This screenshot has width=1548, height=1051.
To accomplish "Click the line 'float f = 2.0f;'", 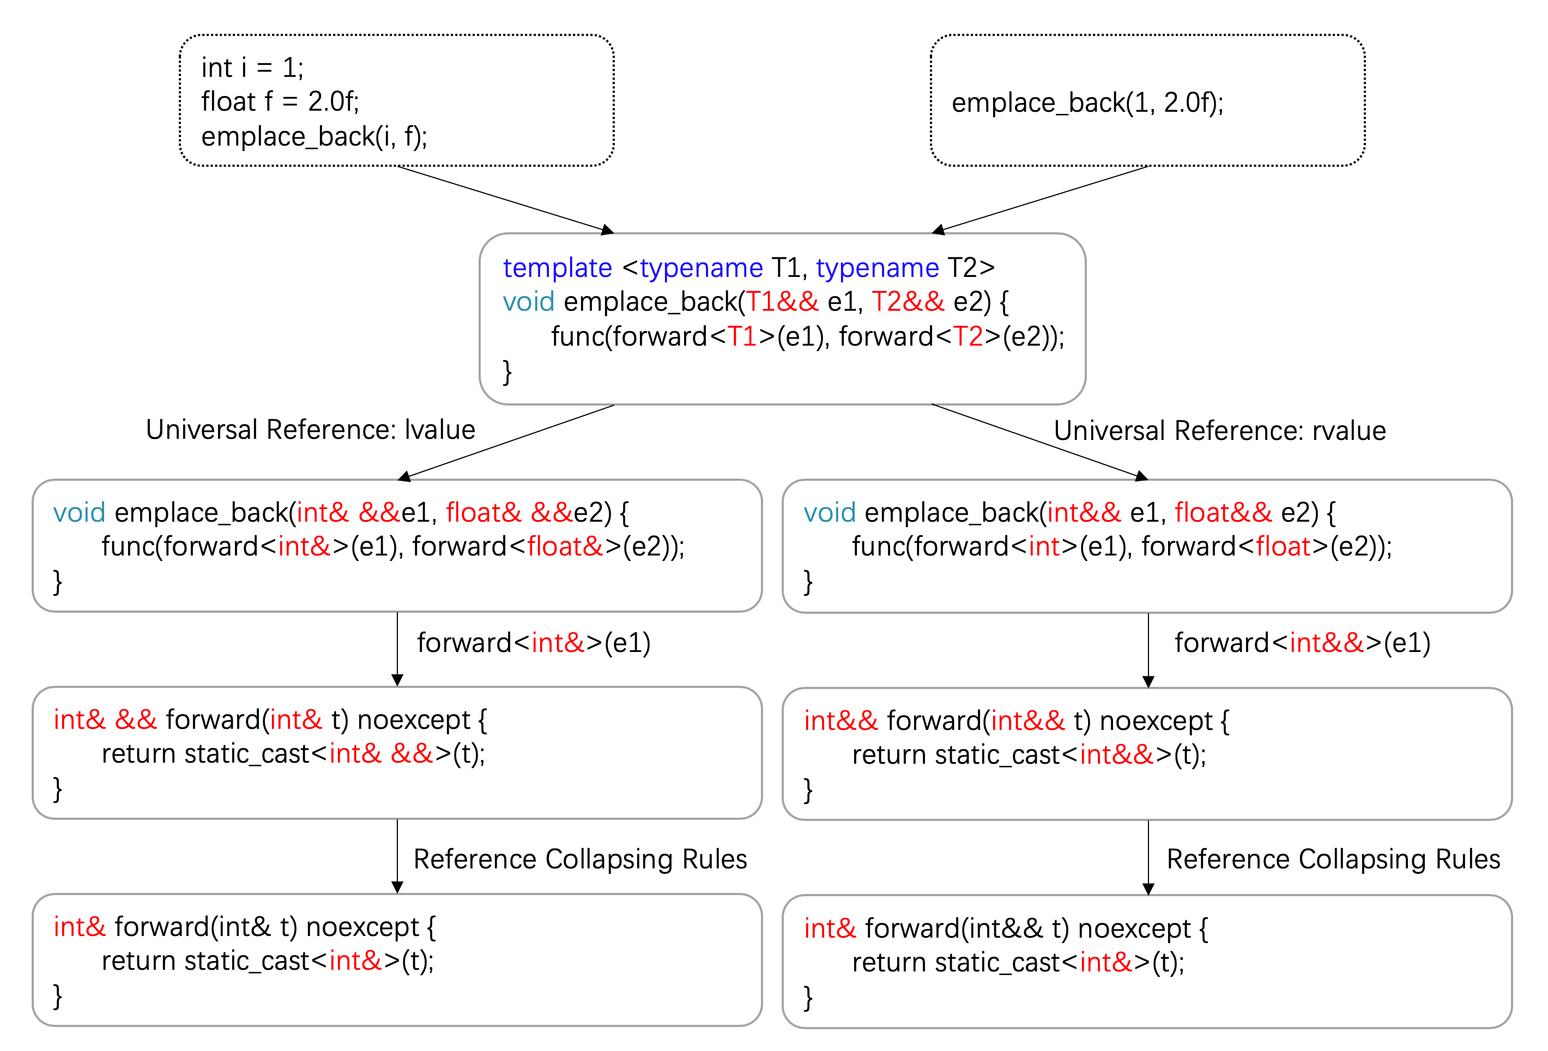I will point(280,102).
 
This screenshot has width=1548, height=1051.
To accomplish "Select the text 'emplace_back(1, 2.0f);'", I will point(1087,102).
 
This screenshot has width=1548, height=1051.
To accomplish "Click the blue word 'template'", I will point(557,268).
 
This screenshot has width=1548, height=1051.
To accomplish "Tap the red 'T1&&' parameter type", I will point(781,301).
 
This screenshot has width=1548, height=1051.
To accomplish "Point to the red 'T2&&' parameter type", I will point(907,301).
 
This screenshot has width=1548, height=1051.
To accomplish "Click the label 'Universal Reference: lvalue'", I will point(310,430).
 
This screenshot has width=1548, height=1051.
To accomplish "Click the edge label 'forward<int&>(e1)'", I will point(534,643).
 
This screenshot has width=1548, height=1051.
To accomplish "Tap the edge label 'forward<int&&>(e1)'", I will point(1302,643).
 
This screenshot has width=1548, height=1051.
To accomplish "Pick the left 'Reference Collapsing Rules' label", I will point(579,859).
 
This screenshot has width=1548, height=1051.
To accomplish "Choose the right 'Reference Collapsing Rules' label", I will point(1333,859).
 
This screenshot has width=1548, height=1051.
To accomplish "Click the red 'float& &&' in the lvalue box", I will point(509,512).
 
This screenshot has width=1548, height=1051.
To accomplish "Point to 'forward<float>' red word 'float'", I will point(1283,546).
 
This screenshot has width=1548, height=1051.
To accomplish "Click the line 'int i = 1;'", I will point(252,67).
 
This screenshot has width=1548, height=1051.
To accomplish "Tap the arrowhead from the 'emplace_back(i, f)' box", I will point(607,230).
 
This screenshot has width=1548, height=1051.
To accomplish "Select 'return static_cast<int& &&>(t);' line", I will point(293,754).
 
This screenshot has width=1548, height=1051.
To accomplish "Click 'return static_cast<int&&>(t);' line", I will point(1029,754).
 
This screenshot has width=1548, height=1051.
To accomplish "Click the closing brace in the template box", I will point(507,371).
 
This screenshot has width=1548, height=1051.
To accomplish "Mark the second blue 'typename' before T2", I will point(876,268).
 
